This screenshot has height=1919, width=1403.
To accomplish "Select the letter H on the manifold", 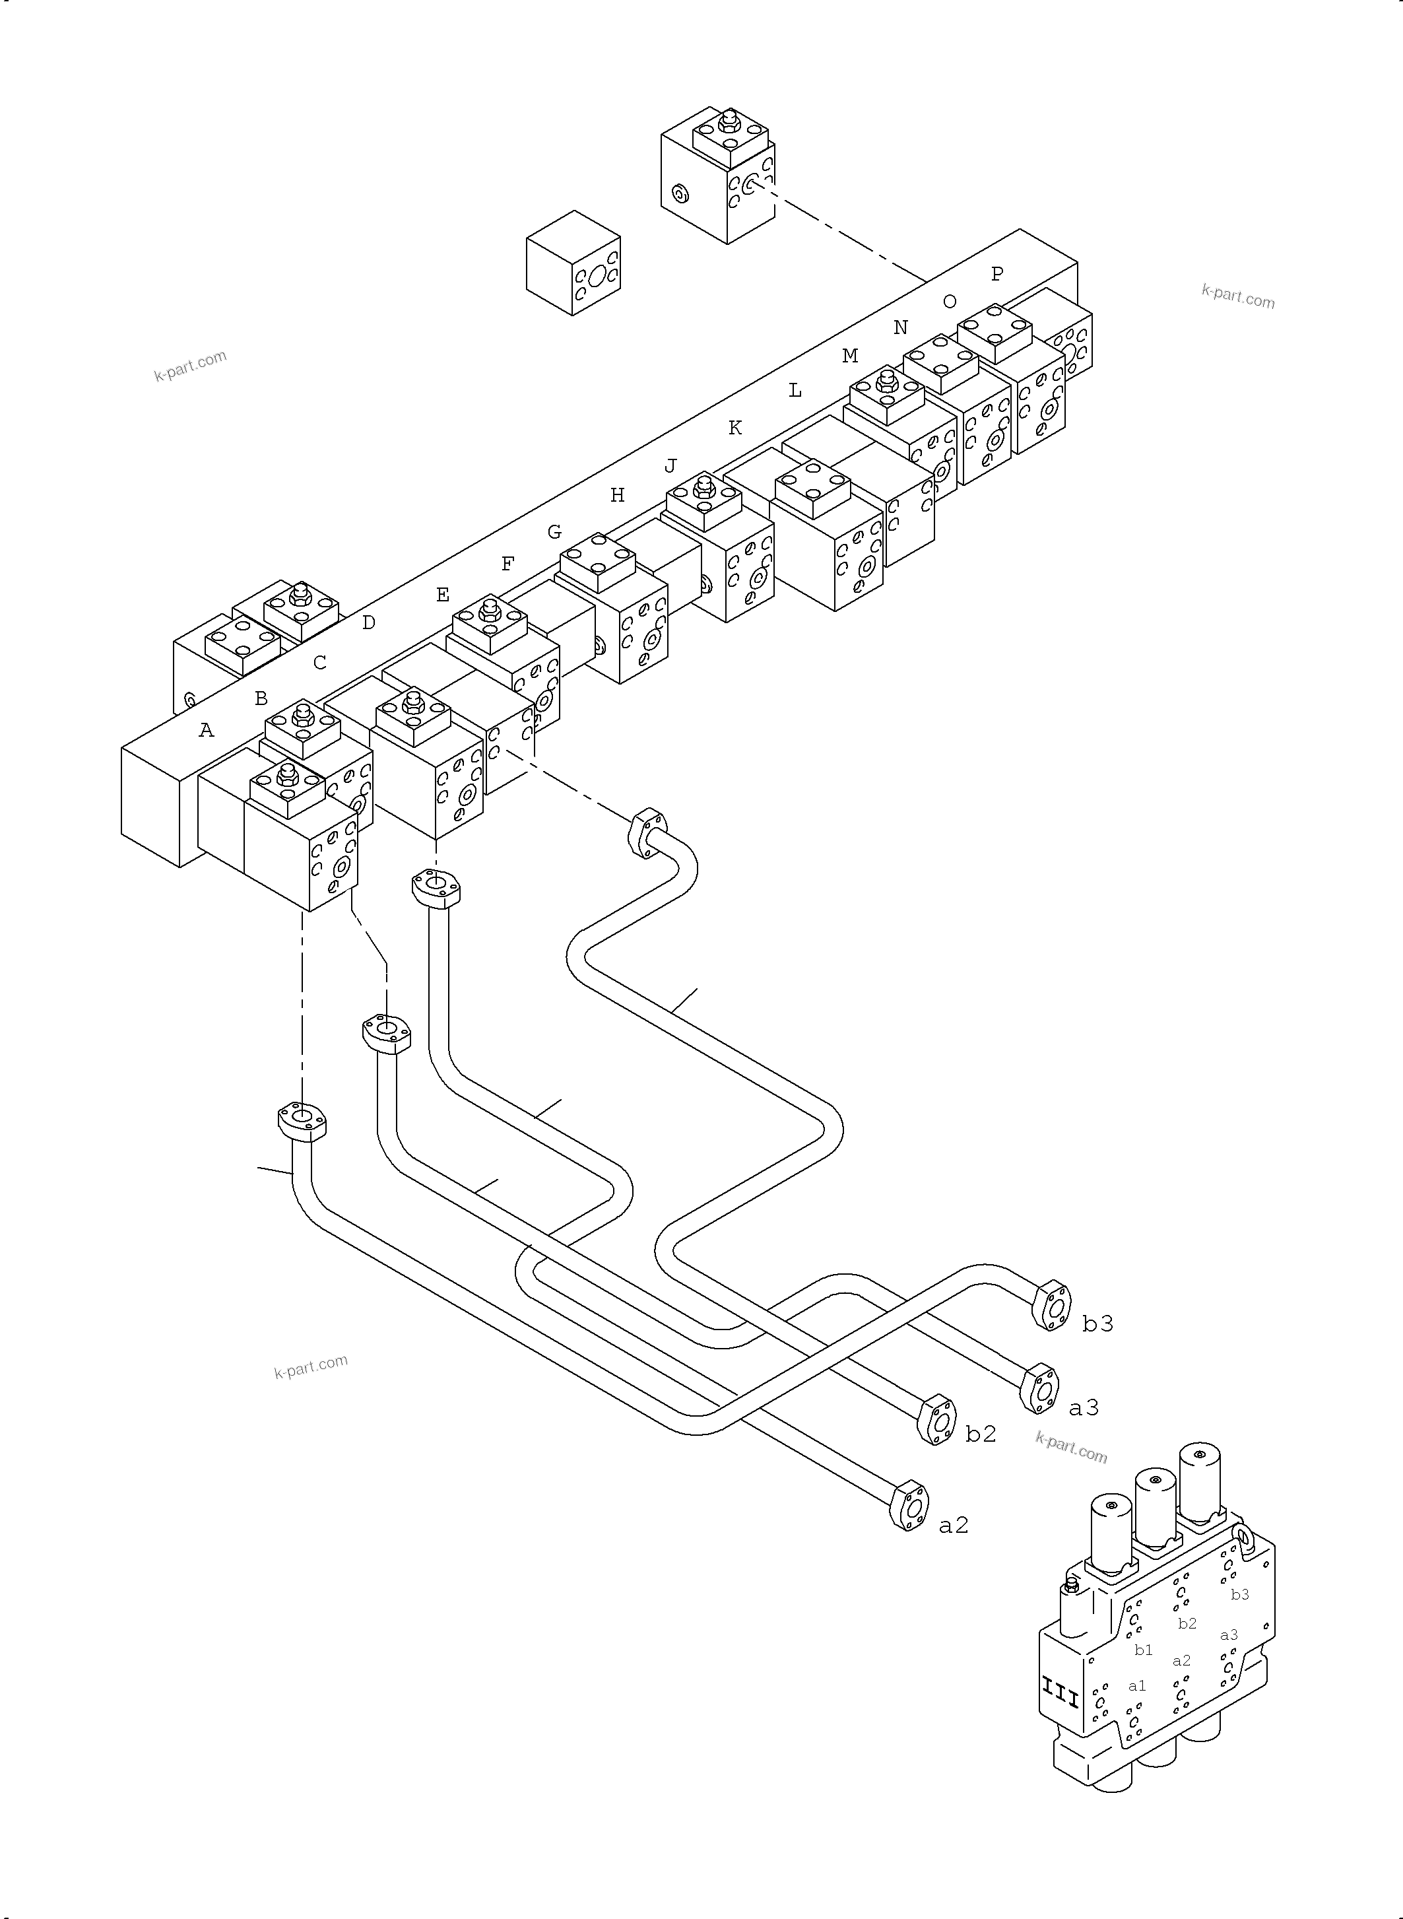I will (618, 495).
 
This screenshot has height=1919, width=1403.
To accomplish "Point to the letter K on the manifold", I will (734, 428).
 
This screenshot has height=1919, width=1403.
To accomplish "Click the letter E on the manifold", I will (442, 595).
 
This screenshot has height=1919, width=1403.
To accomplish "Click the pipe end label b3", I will (1097, 1324).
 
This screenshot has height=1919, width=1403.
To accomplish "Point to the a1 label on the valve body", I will (1136, 1685).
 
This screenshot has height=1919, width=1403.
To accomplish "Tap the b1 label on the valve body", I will (1143, 1650).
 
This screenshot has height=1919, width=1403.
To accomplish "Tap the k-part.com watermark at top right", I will (1237, 296).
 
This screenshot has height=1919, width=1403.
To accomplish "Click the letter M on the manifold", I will (849, 356).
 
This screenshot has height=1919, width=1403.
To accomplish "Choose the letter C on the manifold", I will (319, 663).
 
